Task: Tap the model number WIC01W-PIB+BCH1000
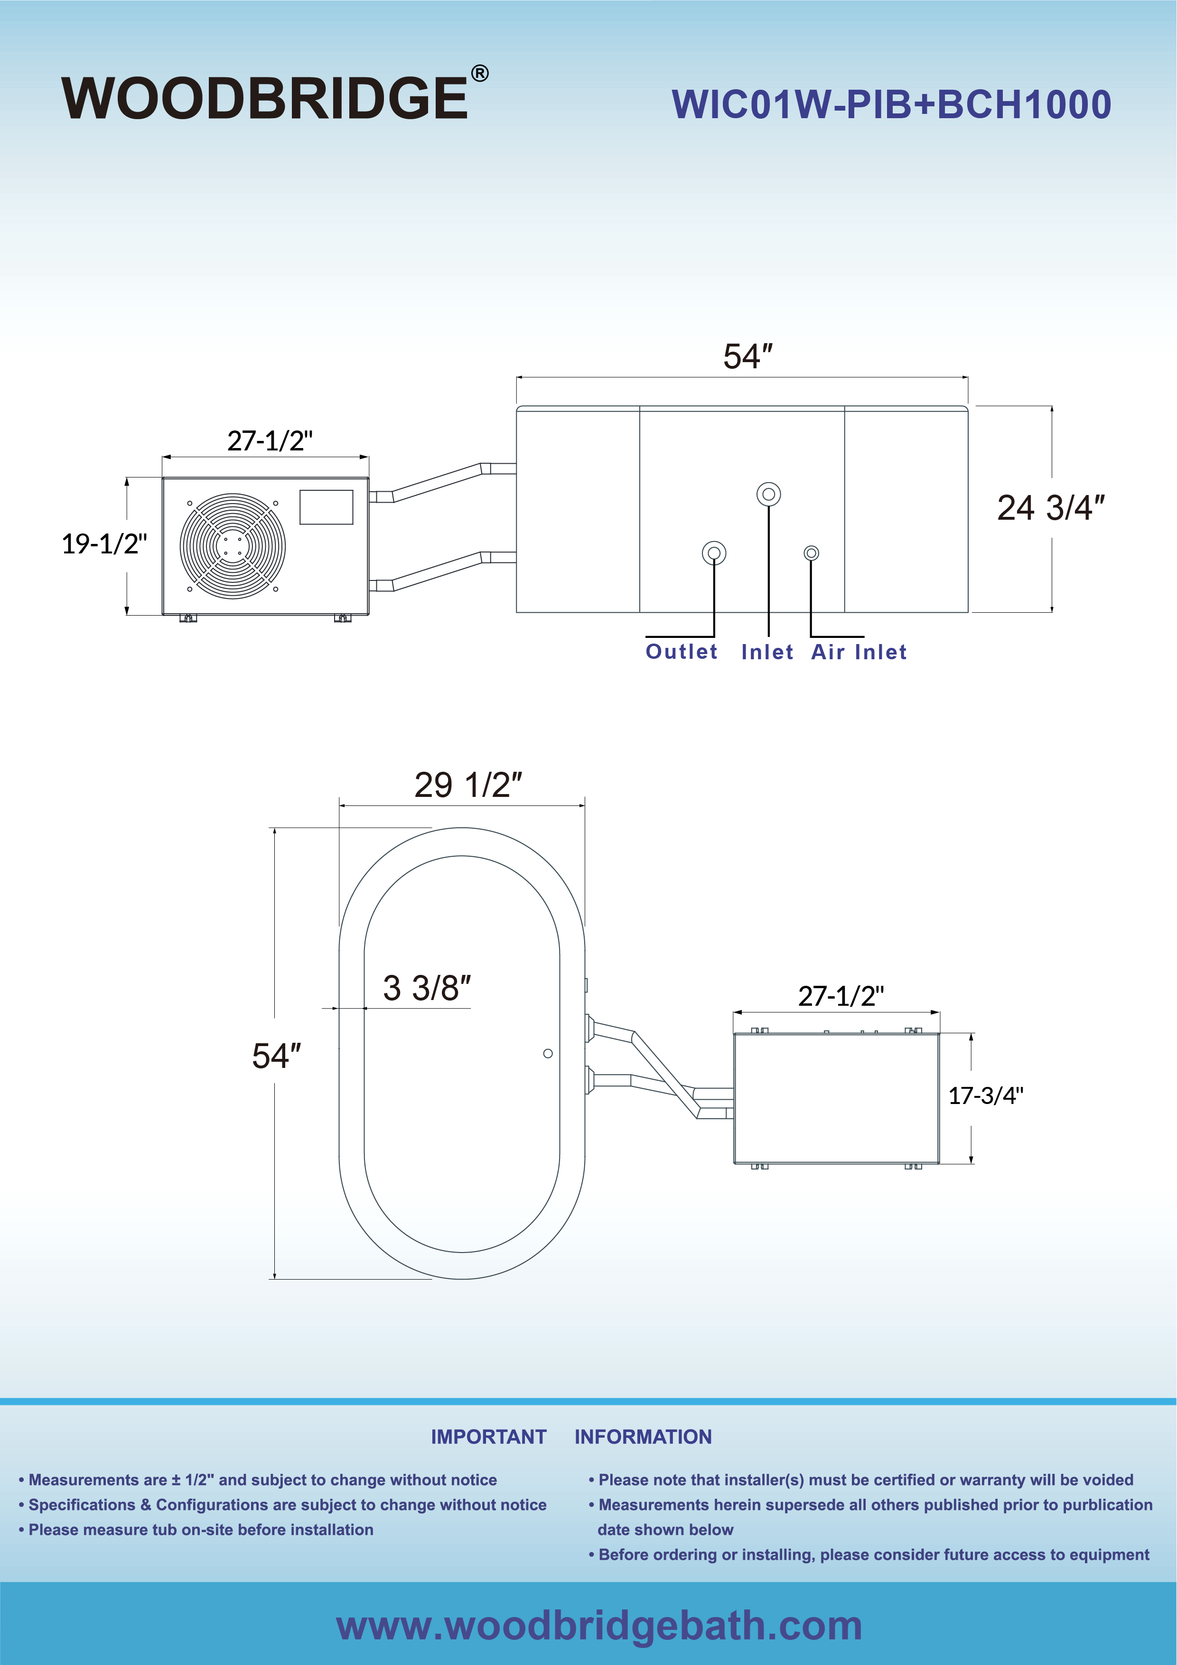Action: click(891, 104)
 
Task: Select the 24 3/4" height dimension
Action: click(1051, 508)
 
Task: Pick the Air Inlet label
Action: click(859, 652)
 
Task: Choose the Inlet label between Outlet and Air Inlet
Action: click(767, 652)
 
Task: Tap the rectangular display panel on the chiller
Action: click(327, 507)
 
